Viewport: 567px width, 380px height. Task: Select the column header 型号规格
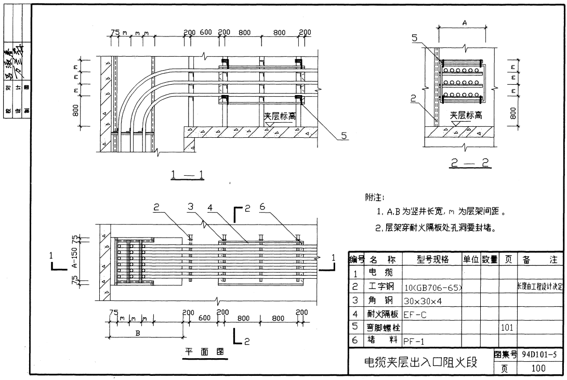431,259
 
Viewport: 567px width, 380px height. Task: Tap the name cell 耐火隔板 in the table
384,314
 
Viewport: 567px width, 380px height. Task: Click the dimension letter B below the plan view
138,334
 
